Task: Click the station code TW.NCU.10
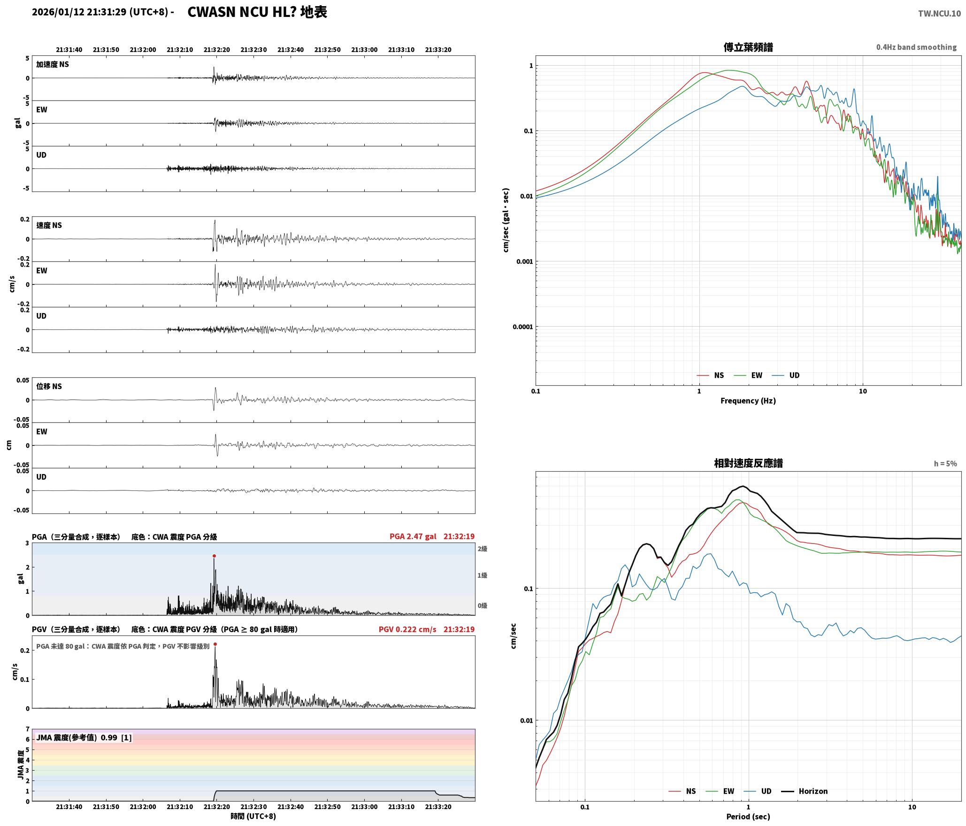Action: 939,14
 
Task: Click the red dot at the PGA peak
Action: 214,556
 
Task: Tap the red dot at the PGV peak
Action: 215,644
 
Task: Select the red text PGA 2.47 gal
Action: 413,536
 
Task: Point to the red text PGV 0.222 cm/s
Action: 407,629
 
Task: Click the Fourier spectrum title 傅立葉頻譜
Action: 748,47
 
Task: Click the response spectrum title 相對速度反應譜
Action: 748,463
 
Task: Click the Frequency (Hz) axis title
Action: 748,401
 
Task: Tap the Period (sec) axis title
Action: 748,817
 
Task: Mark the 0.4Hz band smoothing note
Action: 916,47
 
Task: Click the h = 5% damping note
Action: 945,464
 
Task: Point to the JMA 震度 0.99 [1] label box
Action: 84,737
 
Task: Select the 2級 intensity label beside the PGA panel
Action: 483,549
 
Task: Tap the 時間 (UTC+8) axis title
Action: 253,816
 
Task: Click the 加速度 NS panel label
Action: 53,64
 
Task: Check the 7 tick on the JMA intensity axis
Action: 28,729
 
